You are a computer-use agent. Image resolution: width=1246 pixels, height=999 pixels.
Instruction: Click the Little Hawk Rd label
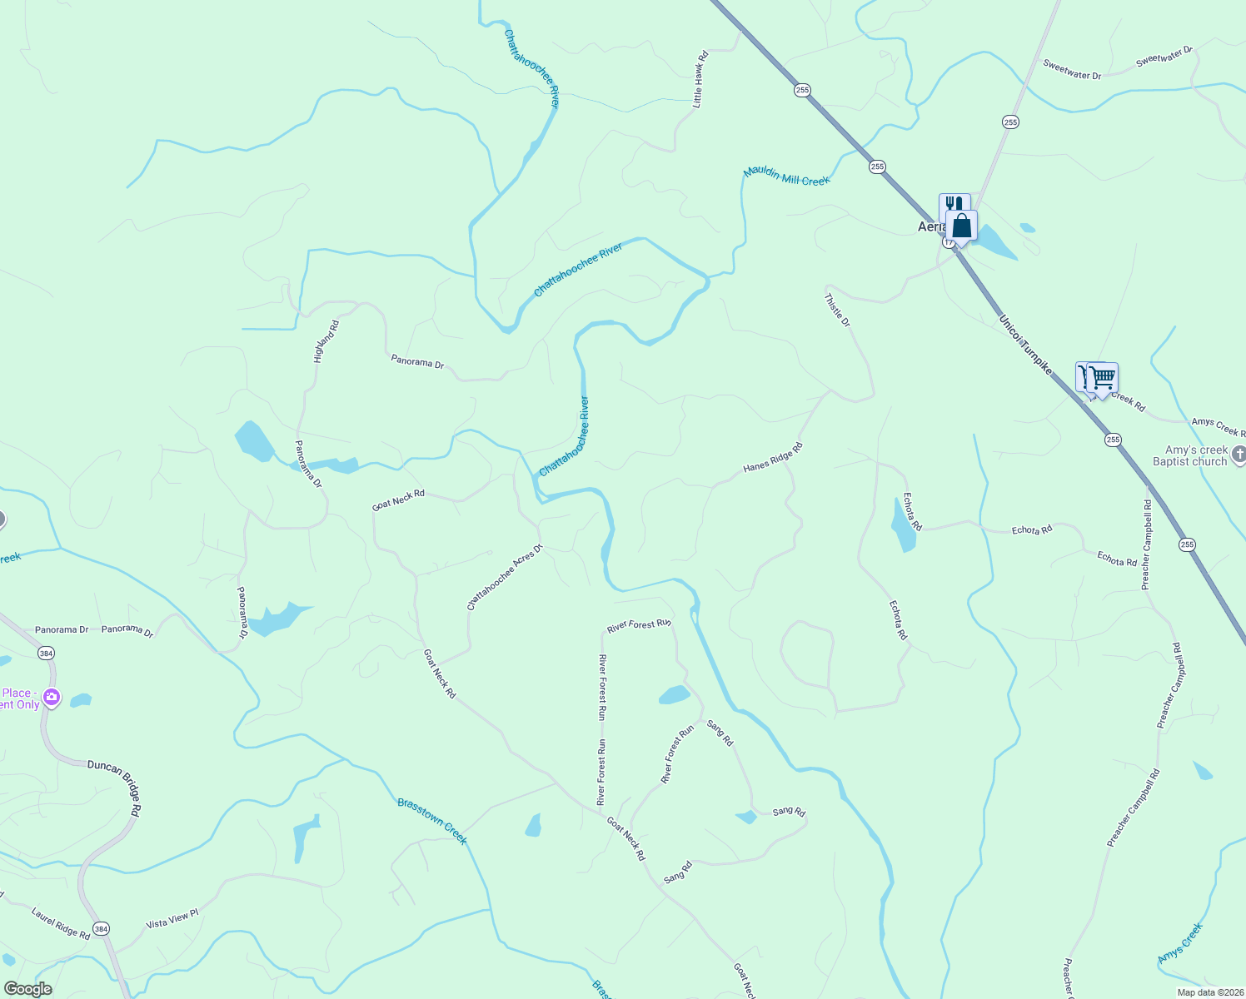tap(700, 79)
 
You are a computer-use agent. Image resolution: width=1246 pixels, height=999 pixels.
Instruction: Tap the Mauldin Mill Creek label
tap(786, 176)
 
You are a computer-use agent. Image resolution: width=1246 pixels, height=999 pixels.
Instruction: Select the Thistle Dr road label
tap(837, 310)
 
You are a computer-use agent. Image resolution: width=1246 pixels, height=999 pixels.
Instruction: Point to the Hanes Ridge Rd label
tap(773, 458)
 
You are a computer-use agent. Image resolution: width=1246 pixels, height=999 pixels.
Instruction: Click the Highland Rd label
tap(326, 341)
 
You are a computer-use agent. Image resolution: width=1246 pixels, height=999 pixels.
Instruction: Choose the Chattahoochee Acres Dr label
tap(505, 577)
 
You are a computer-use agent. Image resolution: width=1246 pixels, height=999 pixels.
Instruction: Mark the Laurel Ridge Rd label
tap(61, 923)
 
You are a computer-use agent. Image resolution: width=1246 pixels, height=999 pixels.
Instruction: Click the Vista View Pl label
tap(172, 919)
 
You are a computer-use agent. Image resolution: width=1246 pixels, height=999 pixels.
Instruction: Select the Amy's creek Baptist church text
tap(1190, 455)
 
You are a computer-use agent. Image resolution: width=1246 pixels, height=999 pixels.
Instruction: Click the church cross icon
tap(1239, 455)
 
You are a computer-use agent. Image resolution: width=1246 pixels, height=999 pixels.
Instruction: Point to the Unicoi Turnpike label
tap(1025, 344)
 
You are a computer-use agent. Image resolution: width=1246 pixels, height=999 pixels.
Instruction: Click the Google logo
tap(27, 989)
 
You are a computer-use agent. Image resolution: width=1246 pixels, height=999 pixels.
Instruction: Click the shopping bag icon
tap(962, 226)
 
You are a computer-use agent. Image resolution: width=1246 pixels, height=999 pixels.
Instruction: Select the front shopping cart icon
tap(1102, 379)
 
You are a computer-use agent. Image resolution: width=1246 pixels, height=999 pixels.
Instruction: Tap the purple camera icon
tap(52, 697)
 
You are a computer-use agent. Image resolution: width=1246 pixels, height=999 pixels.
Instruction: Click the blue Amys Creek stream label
tap(1180, 944)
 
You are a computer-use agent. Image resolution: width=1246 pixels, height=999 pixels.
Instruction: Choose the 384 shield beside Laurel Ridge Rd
tap(101, 928)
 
